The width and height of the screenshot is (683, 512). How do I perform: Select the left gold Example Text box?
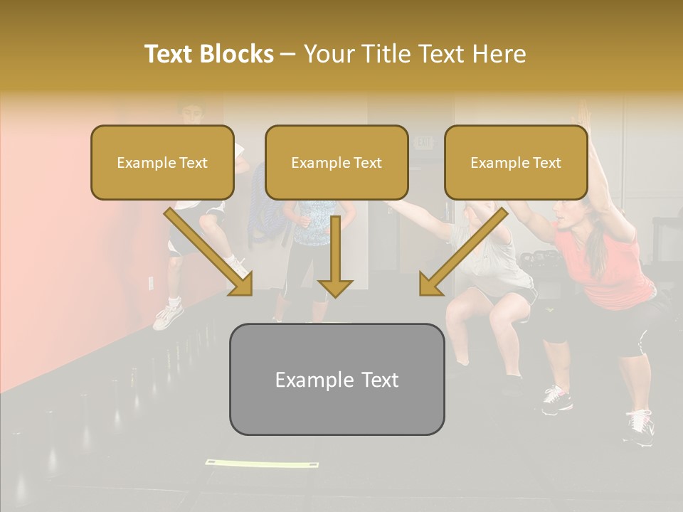point(162,163)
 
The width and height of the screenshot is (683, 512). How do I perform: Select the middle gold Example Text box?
point(337,163)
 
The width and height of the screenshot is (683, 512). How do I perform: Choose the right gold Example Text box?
point(516,163)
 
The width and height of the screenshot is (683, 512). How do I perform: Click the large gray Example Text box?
point(337,380)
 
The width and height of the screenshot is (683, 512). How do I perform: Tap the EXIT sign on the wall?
point(424,142)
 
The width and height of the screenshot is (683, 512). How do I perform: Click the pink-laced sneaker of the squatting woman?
point(557,400)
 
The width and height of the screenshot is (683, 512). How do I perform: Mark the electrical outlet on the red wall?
point(151,283)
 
